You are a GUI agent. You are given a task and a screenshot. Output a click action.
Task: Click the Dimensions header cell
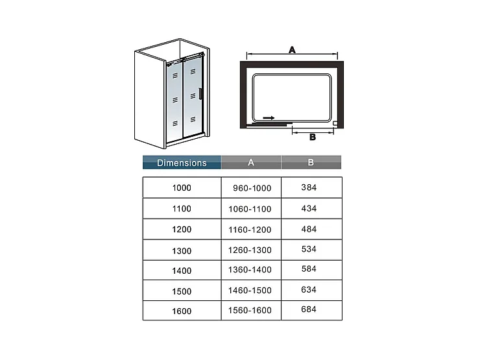coord(182,163)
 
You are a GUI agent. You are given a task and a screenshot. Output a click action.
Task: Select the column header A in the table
coord(250,163)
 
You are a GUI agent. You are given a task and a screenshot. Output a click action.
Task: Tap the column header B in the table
coord(311,163)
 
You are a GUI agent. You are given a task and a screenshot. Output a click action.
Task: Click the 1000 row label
coord(182,188)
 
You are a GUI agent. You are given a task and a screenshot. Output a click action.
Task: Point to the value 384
coord(309,187)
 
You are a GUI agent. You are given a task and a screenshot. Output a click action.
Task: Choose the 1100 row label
coord(182,209)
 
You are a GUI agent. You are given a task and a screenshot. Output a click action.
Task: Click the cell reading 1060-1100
coord(250,209)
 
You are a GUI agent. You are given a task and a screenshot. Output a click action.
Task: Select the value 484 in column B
coord(309,229)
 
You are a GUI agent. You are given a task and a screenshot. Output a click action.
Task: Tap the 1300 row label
coord(182,250)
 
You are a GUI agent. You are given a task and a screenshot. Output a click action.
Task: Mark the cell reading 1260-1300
coord(250,250)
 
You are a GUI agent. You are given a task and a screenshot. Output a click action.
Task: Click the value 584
coord(309,269)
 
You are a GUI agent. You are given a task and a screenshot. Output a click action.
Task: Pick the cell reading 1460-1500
coord(250,290)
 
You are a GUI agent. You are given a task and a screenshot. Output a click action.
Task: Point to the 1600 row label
coord(182,311)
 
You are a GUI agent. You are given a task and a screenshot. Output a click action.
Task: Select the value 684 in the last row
coord(309,309)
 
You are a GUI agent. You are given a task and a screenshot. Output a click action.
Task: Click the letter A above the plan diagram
coord(292,49)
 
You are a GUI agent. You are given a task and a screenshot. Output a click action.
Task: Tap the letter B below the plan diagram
coord(312,137)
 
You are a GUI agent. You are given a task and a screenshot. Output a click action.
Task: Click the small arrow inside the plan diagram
coord(269,119)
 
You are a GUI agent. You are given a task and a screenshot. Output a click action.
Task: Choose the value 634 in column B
coord(309,289)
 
